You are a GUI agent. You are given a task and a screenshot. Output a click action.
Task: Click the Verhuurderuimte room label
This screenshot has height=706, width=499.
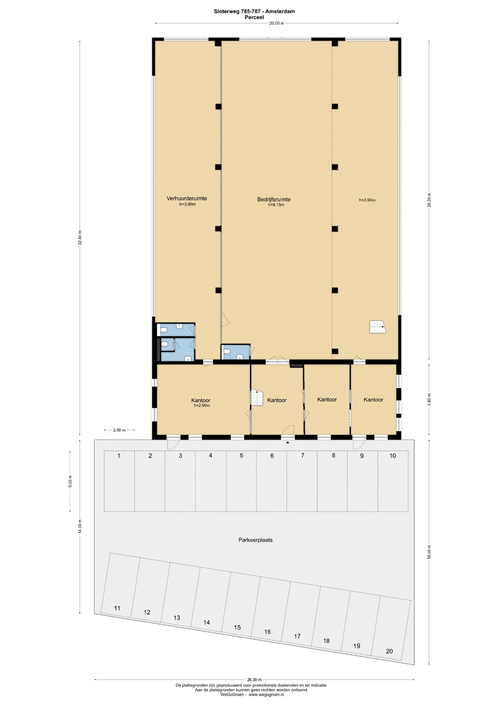pos(187,198)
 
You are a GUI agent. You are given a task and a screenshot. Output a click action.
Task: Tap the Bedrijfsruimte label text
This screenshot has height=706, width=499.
pos(274,199)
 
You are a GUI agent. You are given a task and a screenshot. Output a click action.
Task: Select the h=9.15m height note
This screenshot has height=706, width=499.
pos(276,205)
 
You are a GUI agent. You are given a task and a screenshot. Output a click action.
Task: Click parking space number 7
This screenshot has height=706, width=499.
pos(302,455)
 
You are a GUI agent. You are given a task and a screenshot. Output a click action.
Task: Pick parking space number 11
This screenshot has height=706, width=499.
pos(117,608)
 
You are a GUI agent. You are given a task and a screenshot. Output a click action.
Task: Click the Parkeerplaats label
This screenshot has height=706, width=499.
pos(255,540)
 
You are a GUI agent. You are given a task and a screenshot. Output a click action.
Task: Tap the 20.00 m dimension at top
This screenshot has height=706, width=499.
pos(276,23)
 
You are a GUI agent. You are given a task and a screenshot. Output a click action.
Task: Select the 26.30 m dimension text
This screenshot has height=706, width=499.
pos(254,680)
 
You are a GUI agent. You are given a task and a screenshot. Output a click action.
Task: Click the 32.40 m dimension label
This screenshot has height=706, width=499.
pos(80,238)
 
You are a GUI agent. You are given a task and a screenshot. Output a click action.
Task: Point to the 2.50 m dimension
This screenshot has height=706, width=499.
pos(119,430)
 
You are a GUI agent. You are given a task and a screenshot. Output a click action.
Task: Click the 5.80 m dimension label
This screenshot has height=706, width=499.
pos(429,399)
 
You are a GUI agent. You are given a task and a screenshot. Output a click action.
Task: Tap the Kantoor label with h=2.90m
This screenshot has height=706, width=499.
pos(201,400)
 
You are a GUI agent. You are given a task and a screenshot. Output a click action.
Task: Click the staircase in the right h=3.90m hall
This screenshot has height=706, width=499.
pos(377,327)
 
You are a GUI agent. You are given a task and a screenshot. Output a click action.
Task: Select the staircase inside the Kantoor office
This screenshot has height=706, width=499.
pos(257,398)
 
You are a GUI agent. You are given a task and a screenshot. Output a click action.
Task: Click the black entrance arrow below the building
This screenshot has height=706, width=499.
pos(288,442)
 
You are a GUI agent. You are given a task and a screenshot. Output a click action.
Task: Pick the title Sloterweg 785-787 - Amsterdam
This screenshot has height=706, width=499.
pos(254,11)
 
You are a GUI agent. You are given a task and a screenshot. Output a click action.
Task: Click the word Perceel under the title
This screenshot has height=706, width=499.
pos(254,17)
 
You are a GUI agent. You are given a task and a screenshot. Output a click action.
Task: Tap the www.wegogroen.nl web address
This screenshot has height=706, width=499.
pos(266,695)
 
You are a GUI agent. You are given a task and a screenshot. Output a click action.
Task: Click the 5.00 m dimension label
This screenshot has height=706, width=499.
pos(70,481)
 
